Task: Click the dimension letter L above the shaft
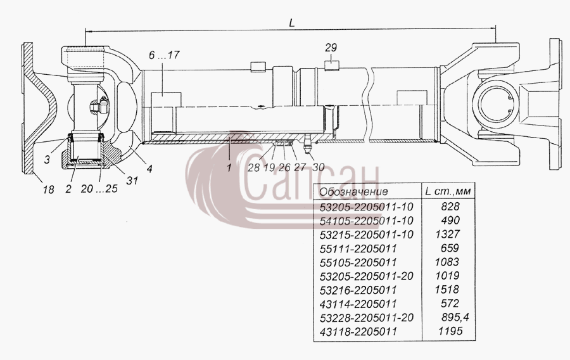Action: pyautogui.click(x=292, y=23)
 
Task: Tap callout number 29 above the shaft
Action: pyautogui.click(x=331, y=48)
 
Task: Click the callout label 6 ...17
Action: pyautogui.click(x=164, y=55)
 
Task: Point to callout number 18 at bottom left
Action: pyautogui.click(x=48, y=190)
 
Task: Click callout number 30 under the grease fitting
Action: pyautogui.click(x=318, y=167)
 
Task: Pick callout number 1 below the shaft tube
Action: pyautogui.click(x=229, y=167)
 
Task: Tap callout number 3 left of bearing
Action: pyautogui.click(x=47, y=159)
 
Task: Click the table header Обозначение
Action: pyautogui.click(x=353, y=191)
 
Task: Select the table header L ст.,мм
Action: pyautogui.click(x=448, y=191)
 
